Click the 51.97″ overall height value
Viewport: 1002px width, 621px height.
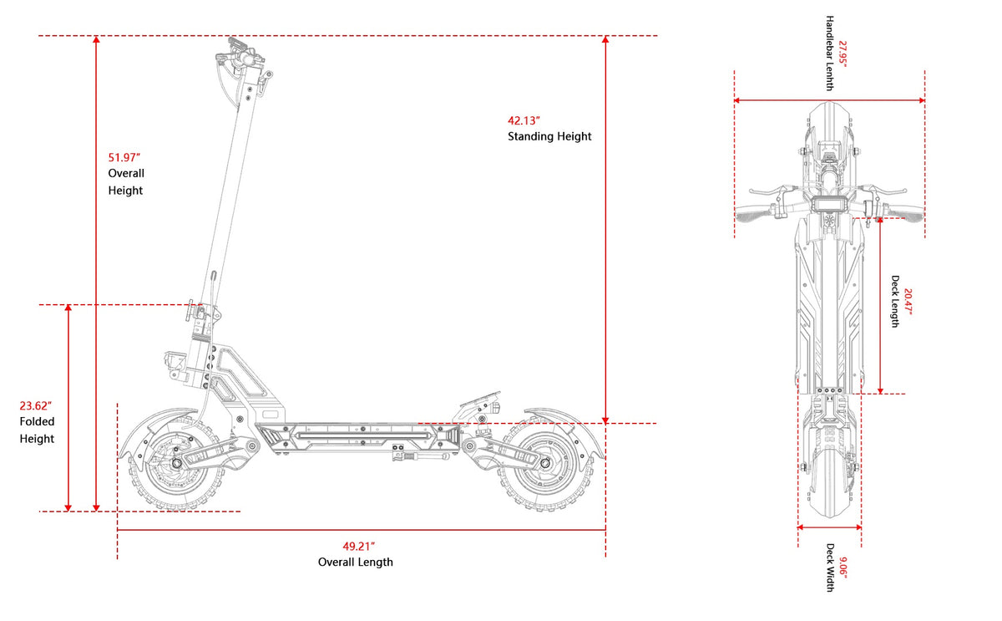coord(124,157)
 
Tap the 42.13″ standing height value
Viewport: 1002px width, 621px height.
coord(524,120)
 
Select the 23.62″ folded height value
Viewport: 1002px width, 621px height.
coord(36,406)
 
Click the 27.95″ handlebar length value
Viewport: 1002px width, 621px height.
coord(843,53)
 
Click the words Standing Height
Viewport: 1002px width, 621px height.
coord(549,136)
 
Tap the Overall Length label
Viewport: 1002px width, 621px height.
coord(356,562)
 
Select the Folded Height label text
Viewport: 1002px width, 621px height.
coord(37,430)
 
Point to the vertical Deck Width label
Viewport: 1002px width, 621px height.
coord(831,568)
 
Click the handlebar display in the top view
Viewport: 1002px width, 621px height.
coord(828,206)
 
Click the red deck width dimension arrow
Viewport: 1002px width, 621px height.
coord(829,527)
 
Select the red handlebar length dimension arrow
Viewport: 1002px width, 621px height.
coord(829,101)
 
